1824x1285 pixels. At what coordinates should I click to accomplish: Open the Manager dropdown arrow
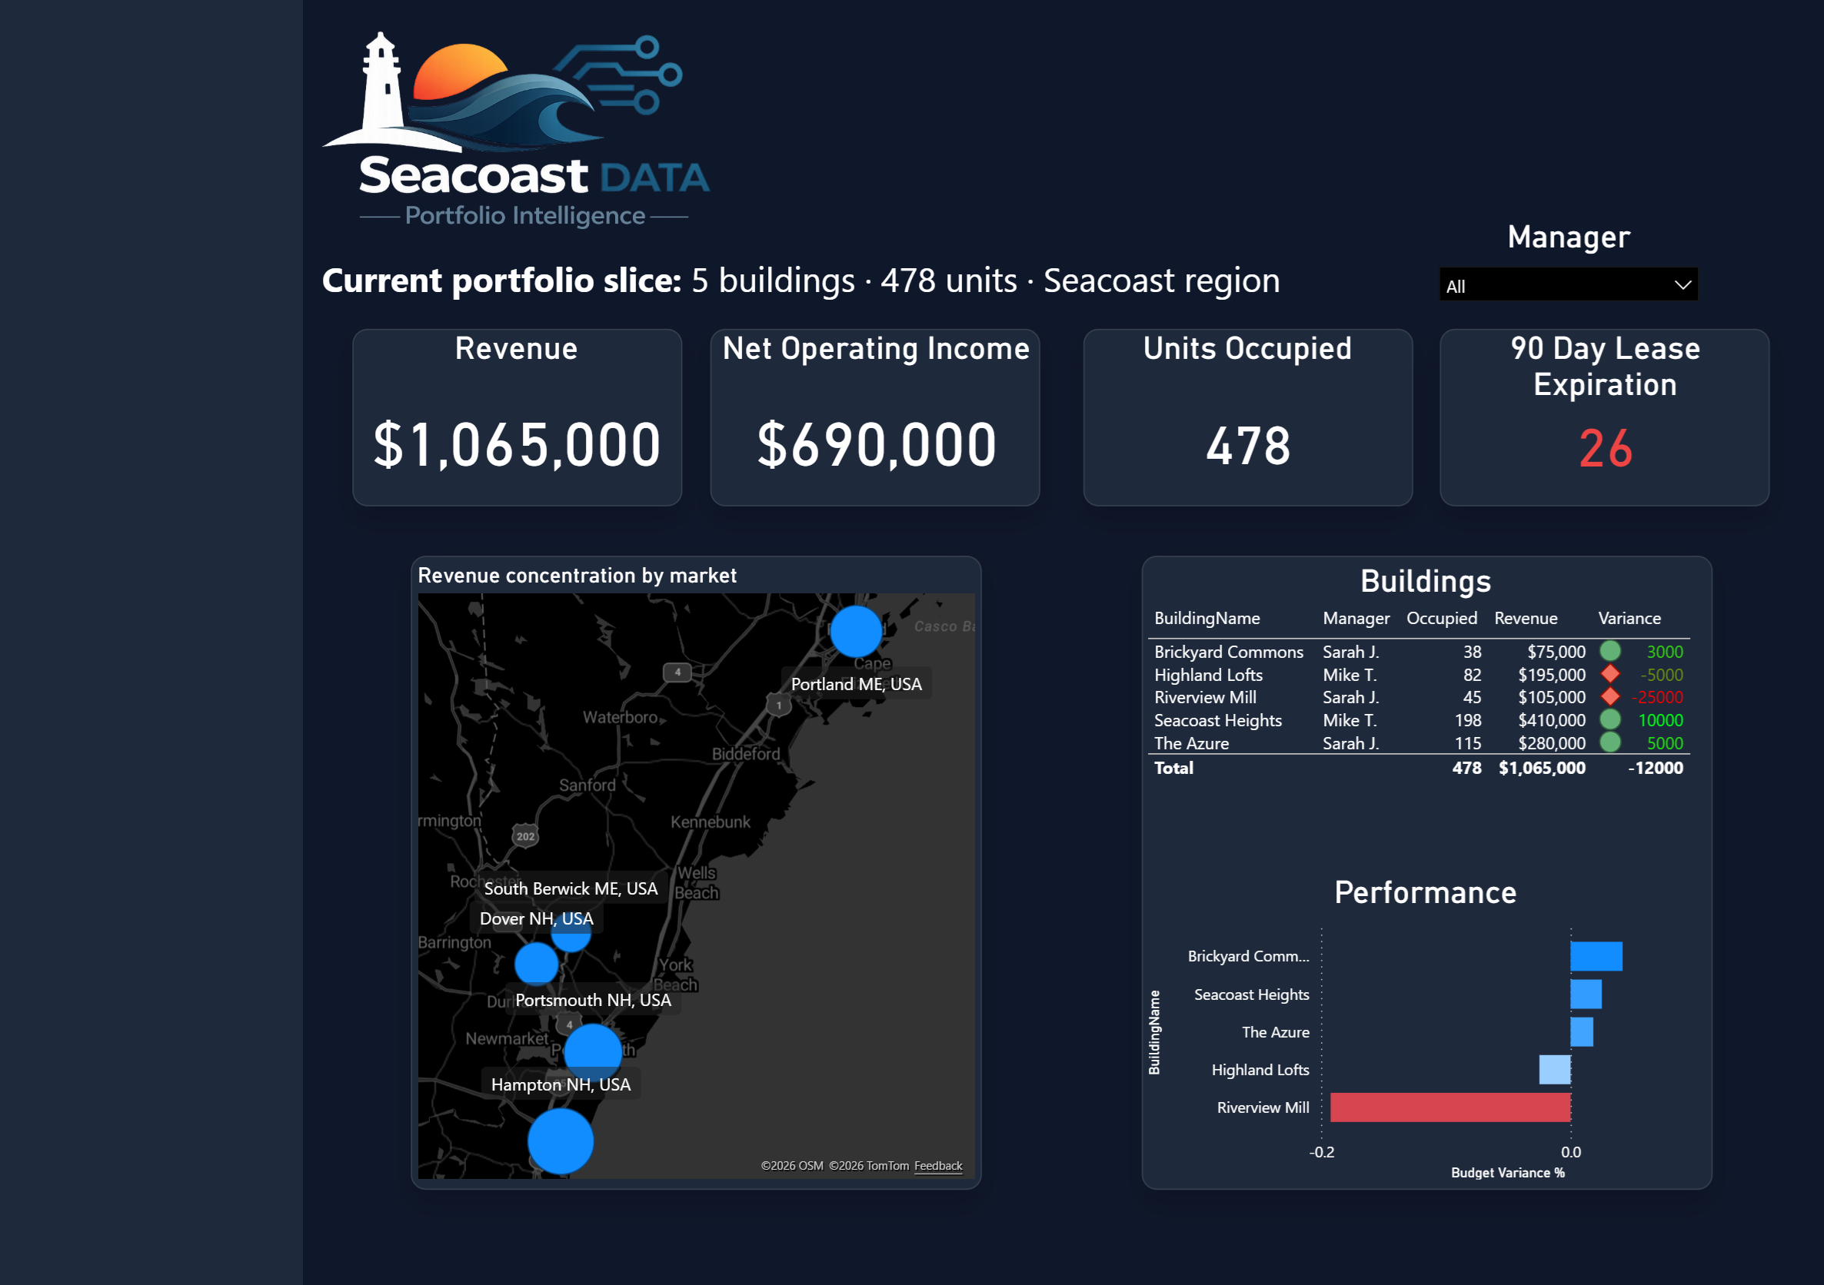1682,285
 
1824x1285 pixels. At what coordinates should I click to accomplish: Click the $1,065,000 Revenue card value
517,446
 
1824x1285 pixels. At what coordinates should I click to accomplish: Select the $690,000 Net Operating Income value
877,446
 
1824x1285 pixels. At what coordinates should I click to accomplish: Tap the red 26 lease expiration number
1605,449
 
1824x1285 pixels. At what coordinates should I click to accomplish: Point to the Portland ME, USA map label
856,684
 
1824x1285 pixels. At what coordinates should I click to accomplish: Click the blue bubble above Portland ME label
856,632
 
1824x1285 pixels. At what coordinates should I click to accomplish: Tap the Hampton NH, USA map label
560,1084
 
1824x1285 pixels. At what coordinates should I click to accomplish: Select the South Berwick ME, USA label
571,888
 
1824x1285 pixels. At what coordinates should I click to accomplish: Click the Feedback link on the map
937,1166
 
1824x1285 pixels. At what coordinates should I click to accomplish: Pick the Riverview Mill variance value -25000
1657,697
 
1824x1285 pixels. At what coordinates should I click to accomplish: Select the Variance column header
1629,618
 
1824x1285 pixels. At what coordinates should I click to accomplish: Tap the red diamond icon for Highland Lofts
1609,674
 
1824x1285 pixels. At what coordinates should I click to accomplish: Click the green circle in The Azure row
1609,742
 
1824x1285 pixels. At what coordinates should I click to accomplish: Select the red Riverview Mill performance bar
1450,1107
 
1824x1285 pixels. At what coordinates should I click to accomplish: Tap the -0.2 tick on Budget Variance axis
1321,1151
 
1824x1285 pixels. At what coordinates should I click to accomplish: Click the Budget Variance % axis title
1507,1172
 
